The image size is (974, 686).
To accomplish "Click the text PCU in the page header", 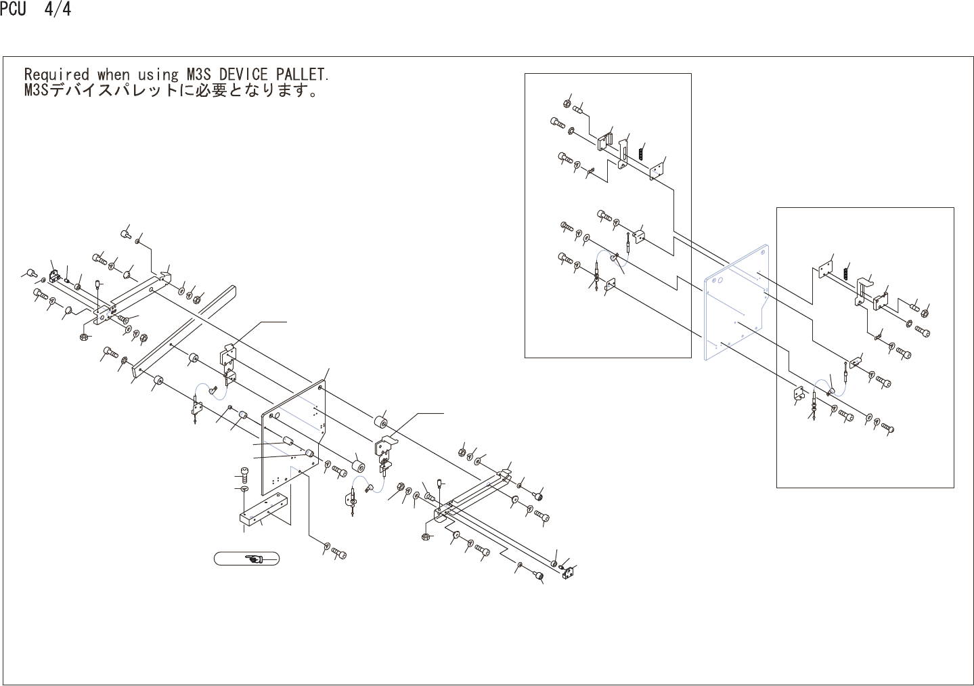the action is [x=13, y=10].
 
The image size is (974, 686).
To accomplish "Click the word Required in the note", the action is [x=56, y=74].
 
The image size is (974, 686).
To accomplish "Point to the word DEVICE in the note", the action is [x=244, y=73].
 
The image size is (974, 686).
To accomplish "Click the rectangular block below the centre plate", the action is [x=263, y=512].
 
